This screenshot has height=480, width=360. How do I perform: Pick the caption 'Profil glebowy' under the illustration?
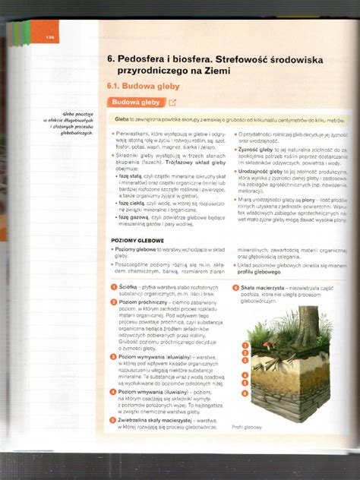click(x=246, y=426)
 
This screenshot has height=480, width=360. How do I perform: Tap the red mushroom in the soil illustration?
click(x=268, y=343)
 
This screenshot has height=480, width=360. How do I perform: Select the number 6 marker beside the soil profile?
click(x=245, y=393)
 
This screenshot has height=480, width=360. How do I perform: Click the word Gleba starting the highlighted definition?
click(x=123, y=120)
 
